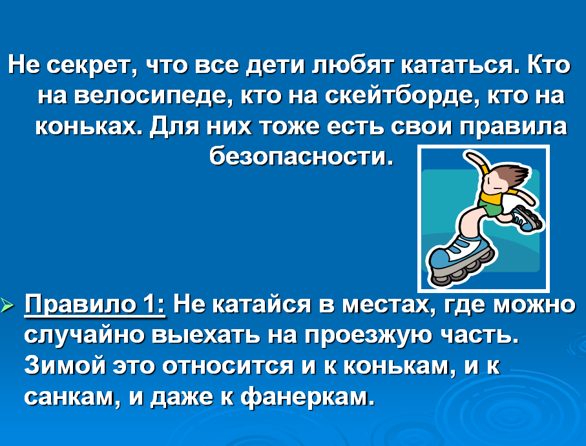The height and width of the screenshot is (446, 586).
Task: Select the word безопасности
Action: coord(301,156)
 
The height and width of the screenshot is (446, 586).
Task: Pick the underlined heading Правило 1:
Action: coord(95,305)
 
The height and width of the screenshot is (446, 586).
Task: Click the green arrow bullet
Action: coord(7,305)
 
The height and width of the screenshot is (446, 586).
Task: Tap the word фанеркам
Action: coord(307,397)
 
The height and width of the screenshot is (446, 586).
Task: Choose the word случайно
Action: coord(85,335)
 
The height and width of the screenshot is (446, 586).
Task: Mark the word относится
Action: coord(228,366)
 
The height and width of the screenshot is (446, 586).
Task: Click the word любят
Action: coord(352,65)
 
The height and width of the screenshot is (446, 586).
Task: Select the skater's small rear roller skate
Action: coord(527,218)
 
